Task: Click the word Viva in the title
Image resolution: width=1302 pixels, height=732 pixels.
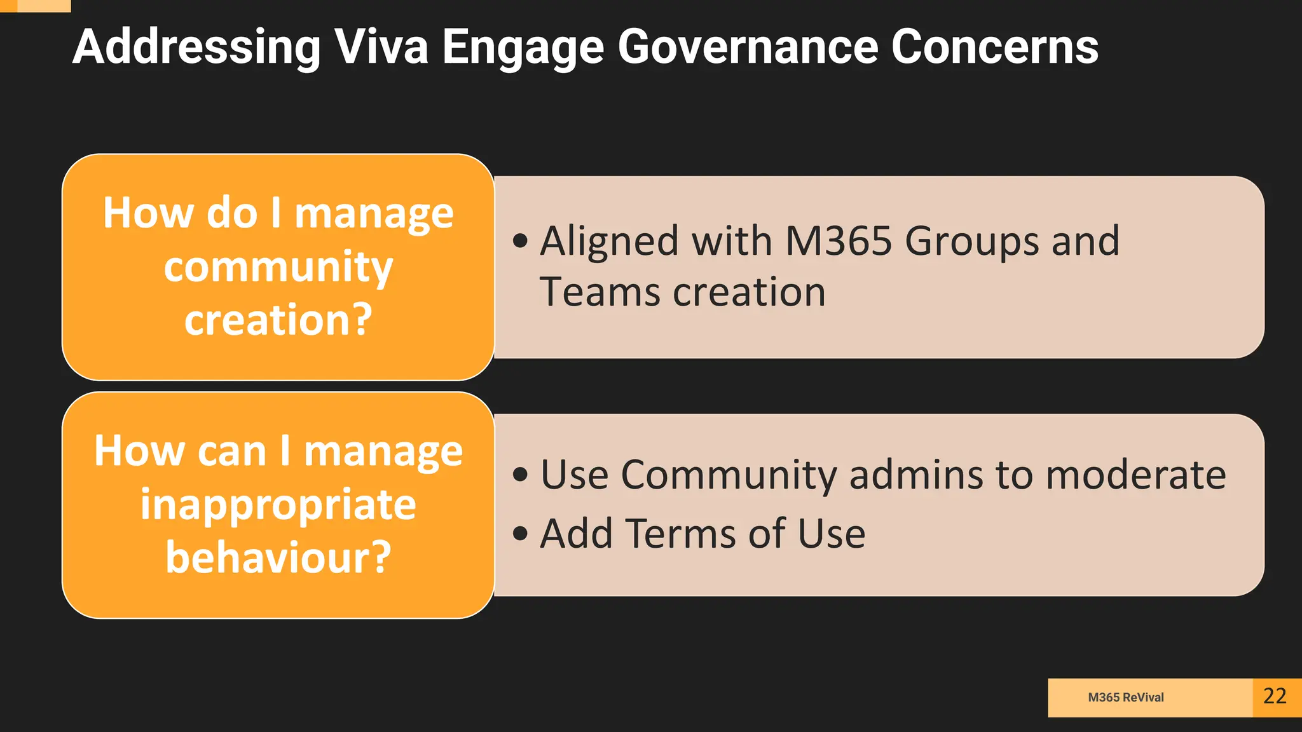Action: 381,47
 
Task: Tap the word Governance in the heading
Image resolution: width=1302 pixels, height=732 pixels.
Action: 748,47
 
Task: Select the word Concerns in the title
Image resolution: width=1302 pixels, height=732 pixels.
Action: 994,47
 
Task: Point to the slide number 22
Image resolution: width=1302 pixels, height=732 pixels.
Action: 1275,696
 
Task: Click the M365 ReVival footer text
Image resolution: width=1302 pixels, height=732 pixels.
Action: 1125,697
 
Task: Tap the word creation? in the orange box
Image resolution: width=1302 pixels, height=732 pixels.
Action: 278,319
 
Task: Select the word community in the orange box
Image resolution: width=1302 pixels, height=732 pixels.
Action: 278,267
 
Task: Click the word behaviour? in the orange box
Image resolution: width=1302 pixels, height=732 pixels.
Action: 278,557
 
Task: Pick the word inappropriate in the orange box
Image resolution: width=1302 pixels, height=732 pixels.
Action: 278,505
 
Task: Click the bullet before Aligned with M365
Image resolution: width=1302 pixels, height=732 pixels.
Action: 520,241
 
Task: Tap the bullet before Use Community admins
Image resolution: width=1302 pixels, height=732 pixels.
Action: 520,475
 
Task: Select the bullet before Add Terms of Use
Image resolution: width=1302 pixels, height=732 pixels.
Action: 520,533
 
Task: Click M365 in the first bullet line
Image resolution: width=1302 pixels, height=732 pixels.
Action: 839,241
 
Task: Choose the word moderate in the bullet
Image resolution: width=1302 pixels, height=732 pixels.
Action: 1135,475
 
